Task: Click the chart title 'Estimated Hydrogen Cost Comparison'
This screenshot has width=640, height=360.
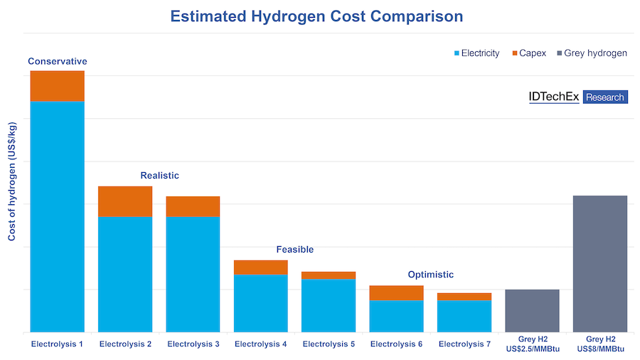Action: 316,16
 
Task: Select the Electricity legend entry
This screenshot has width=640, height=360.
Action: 476,53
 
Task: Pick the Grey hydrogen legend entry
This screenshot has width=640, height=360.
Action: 590,53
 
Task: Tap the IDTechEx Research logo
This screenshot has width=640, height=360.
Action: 578,97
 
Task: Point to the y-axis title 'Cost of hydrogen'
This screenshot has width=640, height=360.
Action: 12,181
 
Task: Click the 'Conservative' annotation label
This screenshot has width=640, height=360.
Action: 58,61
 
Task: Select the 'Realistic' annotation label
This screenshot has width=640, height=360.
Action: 159,175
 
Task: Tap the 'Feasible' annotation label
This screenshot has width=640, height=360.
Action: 294,250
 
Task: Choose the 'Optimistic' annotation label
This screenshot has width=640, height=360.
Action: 430,275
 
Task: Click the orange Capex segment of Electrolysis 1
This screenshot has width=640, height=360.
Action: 58,86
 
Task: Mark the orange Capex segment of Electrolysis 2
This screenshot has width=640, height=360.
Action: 125,201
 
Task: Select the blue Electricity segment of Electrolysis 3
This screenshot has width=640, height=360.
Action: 193,274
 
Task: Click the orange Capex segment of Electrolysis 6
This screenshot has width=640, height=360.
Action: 396,292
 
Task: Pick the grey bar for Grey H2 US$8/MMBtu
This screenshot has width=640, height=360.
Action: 600,263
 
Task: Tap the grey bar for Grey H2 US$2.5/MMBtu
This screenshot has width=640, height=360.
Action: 532,311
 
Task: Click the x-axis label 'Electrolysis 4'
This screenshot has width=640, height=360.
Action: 261,344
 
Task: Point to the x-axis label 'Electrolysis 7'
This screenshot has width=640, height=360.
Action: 464,344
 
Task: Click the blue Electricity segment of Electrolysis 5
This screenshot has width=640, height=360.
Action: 329,305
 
